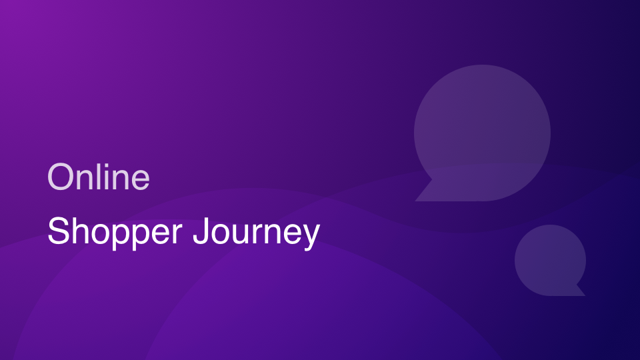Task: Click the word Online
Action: pos(99,177)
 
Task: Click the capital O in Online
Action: pos(60,177)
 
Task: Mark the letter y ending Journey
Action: pos(311,237)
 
